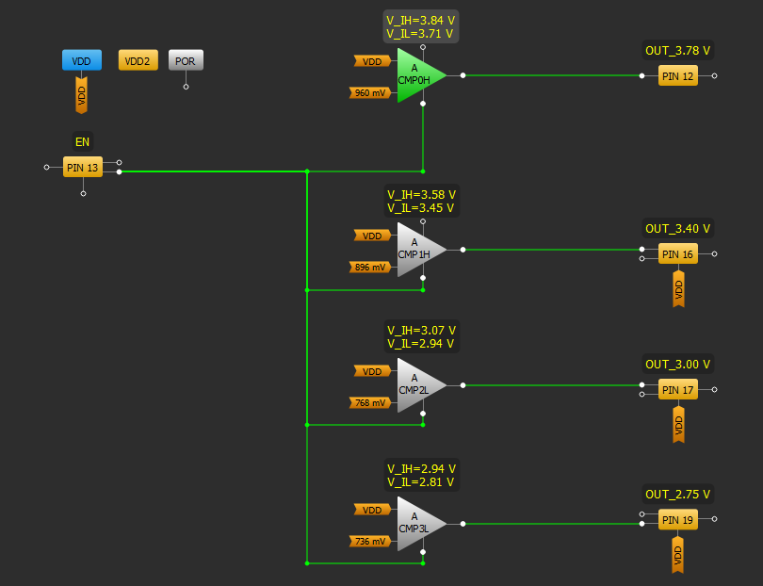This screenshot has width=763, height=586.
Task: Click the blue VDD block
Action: pyautogui.click(x=81, y=61)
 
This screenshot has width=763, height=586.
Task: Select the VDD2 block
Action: pyautogui.click(x=138, y=61)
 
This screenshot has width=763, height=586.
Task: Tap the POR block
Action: pyautogui.click(x=186, y=61)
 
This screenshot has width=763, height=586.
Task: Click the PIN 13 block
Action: pyautogui.click(x=83, y=168)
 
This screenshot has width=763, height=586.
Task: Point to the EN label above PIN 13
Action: pyautogui.click(x=83, y=142)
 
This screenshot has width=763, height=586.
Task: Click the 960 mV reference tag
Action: pyautogui.click(x=369, y=93)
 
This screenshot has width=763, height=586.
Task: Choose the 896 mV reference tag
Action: pyautogui.click(x=369, y=268)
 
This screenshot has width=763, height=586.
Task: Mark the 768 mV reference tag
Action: pyautogui.click(x=369, y=403)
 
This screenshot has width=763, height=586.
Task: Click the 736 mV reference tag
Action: pyautogui.click(x=369, y=541)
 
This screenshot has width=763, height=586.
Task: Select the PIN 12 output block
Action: pyautogui.click(x=677, y=76)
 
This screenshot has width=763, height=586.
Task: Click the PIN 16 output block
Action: pyautogui.click(x=677, y=254)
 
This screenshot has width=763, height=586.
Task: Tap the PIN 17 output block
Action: pyautogui.click(x=677, y=389)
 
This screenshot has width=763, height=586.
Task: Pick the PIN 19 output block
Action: pyautogui.click(x=677, y=519)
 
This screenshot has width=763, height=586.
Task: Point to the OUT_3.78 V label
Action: pyautogui.click(x=677, y=51)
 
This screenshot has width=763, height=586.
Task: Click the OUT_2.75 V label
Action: pyautogui.click(x=677, y=494)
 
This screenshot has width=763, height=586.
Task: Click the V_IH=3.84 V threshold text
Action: pyautogui.click(x=421, y=20)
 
